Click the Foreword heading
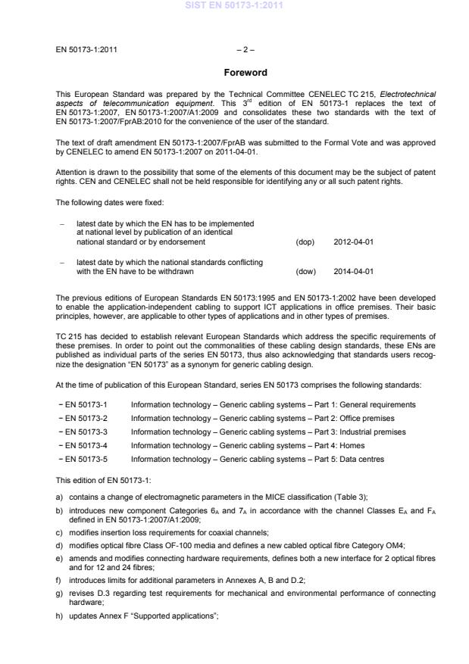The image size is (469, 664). [x=245, y=73]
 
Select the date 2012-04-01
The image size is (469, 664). [x=353, y=242]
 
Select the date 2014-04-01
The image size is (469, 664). [x=353, y=271]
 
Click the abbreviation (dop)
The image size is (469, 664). [x=305, y=242]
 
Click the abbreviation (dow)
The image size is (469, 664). [x=305, y=271]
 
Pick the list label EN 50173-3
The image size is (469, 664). [x=85, y=432]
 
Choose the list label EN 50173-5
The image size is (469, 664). [x=85, y=460]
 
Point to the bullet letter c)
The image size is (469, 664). [x=60, y=533]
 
